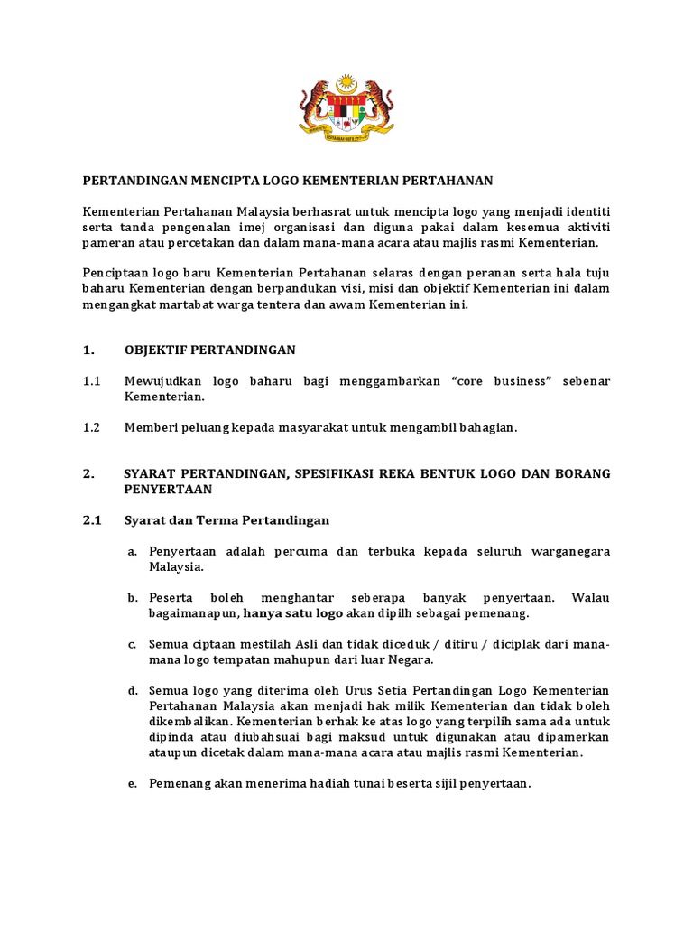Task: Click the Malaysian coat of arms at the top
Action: [346, 106]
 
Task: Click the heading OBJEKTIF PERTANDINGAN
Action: [209, 350]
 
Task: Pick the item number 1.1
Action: [91, 381]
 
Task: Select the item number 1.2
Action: [91, 427]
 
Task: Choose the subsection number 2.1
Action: [91, 520]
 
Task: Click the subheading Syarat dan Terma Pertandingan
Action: [226, 520]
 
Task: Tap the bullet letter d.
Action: [132, 690]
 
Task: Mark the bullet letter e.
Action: [132, 783]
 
